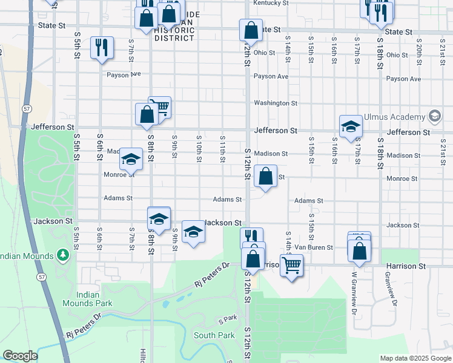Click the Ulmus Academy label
(394, 117)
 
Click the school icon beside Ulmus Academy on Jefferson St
(350, 126)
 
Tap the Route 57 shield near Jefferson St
(27, 108)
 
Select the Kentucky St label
(270, 3)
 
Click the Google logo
(20, 356)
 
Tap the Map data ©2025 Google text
(415, 358)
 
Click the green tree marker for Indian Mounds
(62, 255)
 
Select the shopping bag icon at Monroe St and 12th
(265, 176)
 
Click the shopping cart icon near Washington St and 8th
(160, 107)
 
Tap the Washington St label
(276, 103)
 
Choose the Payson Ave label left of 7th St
(124, 74)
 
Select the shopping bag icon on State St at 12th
(250, 30)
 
